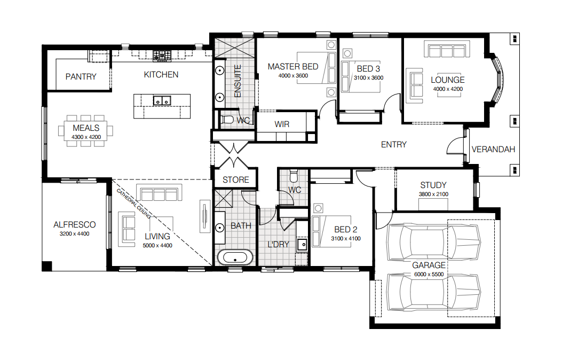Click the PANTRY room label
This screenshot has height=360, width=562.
click(81, 76)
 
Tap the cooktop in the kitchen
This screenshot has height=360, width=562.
click(162, 56)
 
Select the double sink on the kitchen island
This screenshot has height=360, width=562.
click(162, 100)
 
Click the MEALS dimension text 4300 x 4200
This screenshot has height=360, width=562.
click(86, 137)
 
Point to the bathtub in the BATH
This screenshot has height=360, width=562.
click(235, 258)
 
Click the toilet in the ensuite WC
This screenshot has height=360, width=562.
click(226, 120)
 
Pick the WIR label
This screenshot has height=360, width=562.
click(282, 124)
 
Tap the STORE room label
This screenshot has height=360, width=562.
click(235, 179)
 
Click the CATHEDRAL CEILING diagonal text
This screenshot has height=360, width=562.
click(133, 204)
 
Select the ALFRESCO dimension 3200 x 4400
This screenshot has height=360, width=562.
click(75, 234)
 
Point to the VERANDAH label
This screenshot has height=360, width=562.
click(493, 149)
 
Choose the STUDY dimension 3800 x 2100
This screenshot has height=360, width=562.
click(433, 194)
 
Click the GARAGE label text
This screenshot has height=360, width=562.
click(429, 265)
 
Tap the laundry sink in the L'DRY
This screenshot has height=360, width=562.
click(302, 245)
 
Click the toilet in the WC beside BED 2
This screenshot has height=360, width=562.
click(294, 175)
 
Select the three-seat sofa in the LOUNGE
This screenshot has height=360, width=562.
click(447, 49)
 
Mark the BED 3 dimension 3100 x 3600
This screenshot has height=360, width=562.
click(368, 77)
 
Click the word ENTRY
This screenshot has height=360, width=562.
click(393, 145)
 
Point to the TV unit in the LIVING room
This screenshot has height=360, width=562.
click(204, 216)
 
